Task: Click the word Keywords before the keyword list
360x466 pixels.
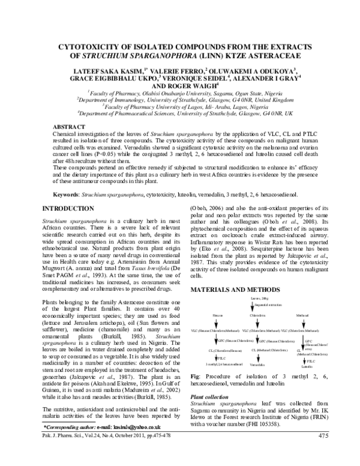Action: click(x=66, y=196)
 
